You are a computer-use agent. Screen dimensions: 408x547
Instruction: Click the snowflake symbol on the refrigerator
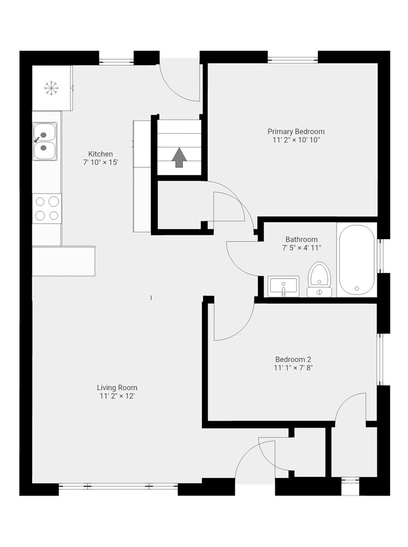[x=51, y=88]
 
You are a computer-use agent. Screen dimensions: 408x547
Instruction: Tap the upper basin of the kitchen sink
[x=45, y=132]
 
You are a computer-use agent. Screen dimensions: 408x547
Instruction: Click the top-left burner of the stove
[x=40, y=201]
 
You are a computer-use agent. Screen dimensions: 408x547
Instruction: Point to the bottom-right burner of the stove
[x=54, y=216]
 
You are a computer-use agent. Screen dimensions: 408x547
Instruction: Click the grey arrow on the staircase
[x=180, y=158]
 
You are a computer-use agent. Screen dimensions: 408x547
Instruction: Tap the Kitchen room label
[x=100, y=154]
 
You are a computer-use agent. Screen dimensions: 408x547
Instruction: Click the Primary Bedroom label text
[x=296, y=131]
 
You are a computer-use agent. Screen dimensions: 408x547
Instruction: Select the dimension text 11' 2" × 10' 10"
[x=296, y=140]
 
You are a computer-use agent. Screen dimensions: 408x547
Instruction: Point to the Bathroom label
[x=301, y=240]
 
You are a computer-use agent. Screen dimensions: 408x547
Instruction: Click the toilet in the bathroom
[x=319, y=280]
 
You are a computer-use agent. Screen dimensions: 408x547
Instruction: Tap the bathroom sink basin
[x=283, y=286]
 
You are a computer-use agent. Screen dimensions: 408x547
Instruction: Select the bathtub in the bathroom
[x=357, y=260]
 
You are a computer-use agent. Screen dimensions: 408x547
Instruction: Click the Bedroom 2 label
[x=293, y=359]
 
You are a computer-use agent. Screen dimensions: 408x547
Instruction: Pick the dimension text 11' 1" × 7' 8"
[x=293, y=368]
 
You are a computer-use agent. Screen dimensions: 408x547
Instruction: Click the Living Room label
[x=117, y=388]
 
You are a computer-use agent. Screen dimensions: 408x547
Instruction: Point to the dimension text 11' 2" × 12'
[x=117, y=396]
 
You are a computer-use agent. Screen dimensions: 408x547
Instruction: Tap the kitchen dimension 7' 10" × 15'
[x=100, y=162]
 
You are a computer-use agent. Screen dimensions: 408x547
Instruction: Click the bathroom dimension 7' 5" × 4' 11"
[x=301, y=248]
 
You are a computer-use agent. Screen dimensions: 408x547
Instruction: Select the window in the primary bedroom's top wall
[x=293, y=59]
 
